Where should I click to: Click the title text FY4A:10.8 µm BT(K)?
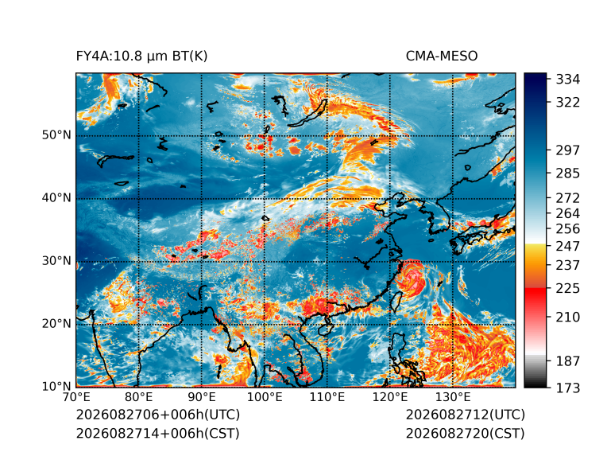point(141,57)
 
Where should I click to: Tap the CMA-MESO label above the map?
point(442,57)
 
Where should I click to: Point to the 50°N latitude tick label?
point(56,135)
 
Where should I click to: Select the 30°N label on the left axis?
point(56,261)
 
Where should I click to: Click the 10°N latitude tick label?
point(56,387)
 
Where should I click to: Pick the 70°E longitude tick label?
point(76,397)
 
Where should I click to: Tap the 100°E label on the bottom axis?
point(265,397)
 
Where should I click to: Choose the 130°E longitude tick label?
point(453,397)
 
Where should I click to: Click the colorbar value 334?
point(568,80)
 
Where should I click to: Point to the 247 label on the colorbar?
point(568,246)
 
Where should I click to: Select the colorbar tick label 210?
point(568,318)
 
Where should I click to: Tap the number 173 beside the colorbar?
point(568,388)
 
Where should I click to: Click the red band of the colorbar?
point(535,298)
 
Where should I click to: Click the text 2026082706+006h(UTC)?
point(158,415)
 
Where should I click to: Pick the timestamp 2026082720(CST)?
point(466,434)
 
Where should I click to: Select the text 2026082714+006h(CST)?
point(158,434)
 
